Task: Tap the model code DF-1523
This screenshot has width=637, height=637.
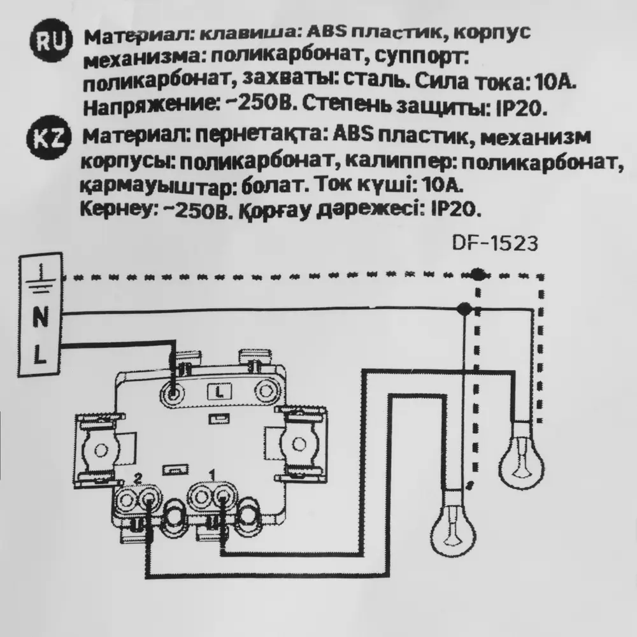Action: pyautogui.click(x=486, y=244)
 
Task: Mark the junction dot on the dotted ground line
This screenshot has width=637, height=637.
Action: pyautogui.click(x=476, y=275)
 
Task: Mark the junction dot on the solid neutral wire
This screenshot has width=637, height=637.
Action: pyautogui.click(x=464, y=310)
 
